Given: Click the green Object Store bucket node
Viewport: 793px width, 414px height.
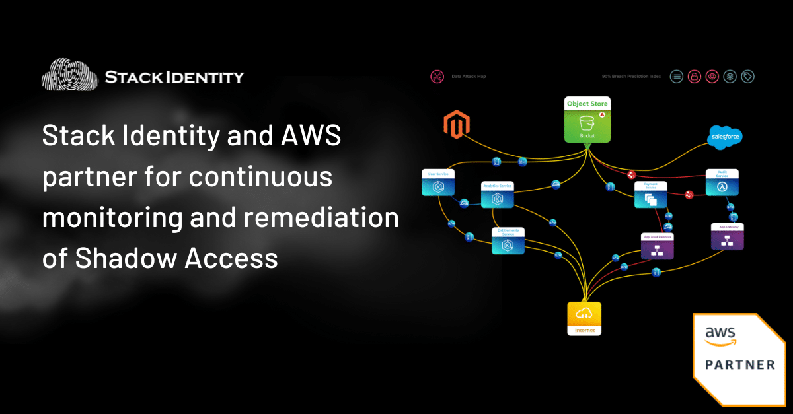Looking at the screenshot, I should (x=587, y=120).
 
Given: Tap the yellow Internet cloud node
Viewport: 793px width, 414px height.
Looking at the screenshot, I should (x=584, y=318).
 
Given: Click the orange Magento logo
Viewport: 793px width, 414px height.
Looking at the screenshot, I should (x=455, y=125).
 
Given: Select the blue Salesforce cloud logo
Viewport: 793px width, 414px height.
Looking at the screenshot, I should (x=725, y=137).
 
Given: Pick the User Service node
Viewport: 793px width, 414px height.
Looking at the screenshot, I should (x=437, y=183).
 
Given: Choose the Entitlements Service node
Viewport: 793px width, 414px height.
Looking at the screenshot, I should (x=508, y=241).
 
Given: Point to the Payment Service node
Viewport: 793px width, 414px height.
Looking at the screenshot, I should (x=650, y=195).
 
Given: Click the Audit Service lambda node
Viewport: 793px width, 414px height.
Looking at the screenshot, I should (x=721, y=184).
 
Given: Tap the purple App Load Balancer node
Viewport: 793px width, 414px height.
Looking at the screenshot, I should (x=657, y=246).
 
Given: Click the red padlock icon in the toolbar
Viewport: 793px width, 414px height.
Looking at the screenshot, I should (x=694, y=76).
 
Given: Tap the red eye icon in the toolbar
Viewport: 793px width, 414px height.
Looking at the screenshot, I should (x=712, y=76).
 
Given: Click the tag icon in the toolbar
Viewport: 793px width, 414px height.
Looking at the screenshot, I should (x=747, y=76).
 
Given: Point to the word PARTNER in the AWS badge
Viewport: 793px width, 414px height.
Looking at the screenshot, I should (x=739, y=364).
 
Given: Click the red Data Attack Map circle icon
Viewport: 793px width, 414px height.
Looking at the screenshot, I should (x=436, y=77).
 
